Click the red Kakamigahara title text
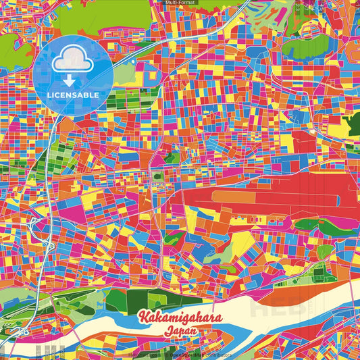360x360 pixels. [x=179, y=318]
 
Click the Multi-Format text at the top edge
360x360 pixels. [x=180, y=3]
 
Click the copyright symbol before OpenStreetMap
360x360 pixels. [x=166, y=354]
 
